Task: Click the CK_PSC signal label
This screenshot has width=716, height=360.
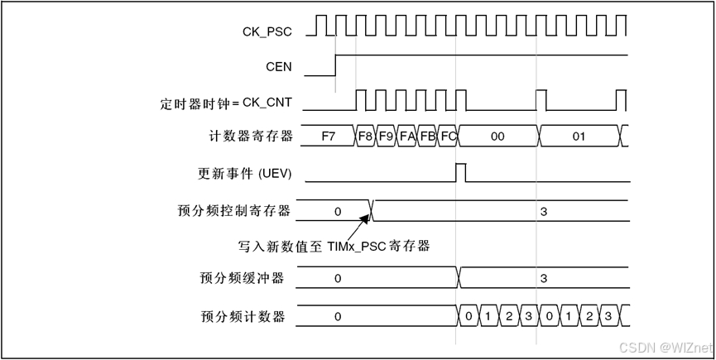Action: click(267, 31)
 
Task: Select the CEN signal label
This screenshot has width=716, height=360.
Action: click(278, 67)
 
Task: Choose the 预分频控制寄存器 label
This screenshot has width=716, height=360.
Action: click(234, 211)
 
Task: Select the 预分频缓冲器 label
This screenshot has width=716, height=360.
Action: click(243, 278)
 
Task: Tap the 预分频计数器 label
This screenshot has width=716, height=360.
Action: click(243, 316)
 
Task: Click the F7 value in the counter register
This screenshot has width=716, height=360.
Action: click(329, 136)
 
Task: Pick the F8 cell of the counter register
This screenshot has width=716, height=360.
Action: click(365, 136)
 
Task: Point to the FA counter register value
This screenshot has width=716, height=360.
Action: click(406, 136)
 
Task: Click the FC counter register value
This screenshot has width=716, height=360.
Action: click(448, 136)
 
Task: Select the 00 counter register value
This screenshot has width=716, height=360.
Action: click(497, 136)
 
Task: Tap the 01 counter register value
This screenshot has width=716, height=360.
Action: click(579, 136)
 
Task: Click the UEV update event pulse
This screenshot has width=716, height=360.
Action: click(461, 172)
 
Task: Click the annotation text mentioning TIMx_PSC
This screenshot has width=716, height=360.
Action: click(334, 246)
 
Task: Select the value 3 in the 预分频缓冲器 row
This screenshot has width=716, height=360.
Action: click(543, 278)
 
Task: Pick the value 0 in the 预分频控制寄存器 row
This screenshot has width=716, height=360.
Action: click(338, 211)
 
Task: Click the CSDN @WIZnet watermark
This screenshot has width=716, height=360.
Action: click(666, 346)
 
